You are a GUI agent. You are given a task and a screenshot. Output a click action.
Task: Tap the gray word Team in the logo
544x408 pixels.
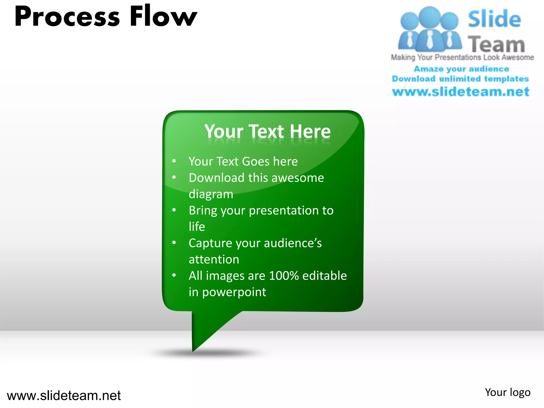click(x=496, y=44)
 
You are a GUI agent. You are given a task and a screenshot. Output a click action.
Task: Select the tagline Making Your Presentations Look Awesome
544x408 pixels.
click(x=462, y=57)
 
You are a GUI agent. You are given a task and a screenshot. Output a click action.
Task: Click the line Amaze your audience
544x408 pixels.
click(x=461, y=69)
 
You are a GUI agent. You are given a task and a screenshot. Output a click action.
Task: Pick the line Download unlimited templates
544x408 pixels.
click(x=460, y=79)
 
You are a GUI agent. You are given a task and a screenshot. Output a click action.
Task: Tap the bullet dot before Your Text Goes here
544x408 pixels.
click(x=174, y=161)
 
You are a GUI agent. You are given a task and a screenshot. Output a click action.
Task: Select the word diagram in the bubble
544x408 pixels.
click(x=211, y=194)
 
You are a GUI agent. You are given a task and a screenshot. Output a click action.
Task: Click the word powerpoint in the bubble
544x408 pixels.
click(x=234, y=292)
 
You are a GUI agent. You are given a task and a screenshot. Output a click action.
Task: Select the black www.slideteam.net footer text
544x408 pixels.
click(x=64, y=396)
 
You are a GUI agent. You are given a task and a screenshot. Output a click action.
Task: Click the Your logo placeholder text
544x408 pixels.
click(x=507, y=393)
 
